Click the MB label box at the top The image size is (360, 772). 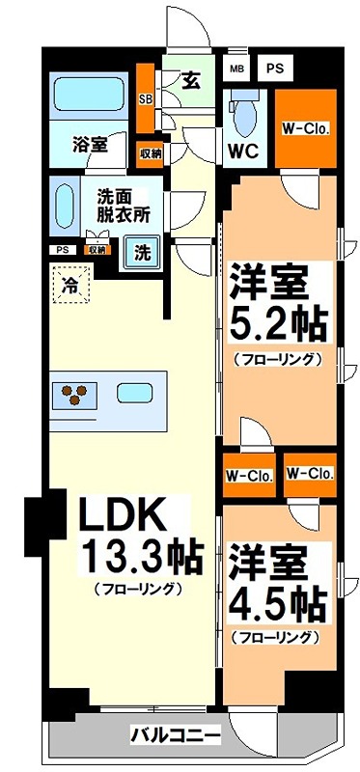(x=236, y=69)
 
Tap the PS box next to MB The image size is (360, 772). (x=274, y=69)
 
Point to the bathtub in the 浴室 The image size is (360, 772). (x=90, y=96)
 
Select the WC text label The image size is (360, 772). (x=241, y=152)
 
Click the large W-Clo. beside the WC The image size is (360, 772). (x=304, y=128)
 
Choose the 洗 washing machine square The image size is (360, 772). (x=142, y=254)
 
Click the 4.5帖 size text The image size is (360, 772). (x=276, y=605)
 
